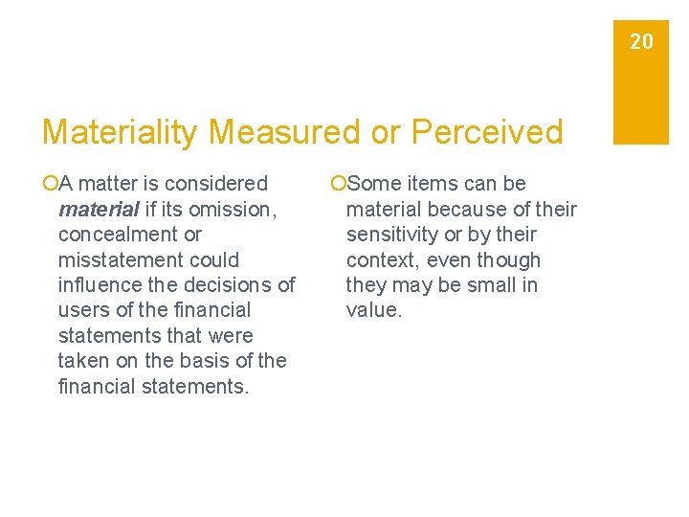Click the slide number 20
(x=641, y=41)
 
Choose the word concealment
(x=121, y=235)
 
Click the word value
(x=373, y=310)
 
